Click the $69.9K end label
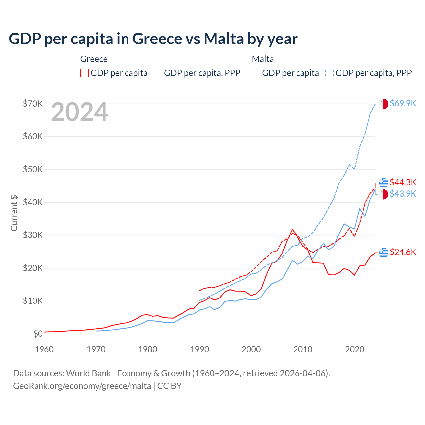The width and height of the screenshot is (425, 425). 403,103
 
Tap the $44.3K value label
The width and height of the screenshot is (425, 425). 403,182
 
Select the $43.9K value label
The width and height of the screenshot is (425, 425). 403,194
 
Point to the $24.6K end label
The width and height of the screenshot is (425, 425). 403,252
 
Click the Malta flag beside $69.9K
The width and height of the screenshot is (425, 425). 383,104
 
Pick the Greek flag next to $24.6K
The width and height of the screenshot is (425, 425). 383,252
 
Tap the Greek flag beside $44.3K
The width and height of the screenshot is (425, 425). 383,183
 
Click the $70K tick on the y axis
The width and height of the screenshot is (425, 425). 33,104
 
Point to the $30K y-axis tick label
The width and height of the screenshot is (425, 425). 33,235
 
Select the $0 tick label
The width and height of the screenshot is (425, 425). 38,334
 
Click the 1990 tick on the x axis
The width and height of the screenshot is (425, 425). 200,349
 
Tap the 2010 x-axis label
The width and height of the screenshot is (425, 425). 303,349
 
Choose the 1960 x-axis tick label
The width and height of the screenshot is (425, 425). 44,349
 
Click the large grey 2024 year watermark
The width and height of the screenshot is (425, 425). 80,112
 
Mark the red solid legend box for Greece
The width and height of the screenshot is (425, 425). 85,73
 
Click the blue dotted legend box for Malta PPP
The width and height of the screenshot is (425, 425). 330,73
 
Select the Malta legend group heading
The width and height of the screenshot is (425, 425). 263,59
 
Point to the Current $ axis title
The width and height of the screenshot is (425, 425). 14,213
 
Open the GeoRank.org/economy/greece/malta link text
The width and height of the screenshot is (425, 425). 82,386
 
